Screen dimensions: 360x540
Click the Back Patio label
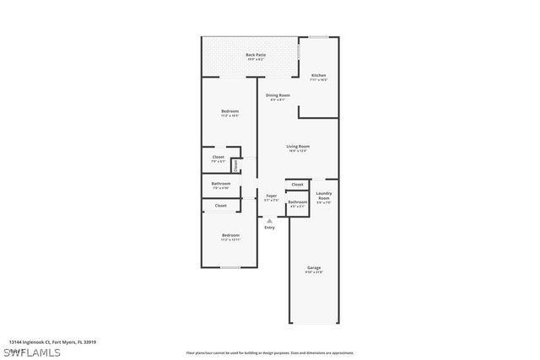click(256, 56)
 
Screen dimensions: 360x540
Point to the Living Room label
click(298, 148)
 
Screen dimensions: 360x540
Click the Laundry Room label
click(323, 197)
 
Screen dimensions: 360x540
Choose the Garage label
click(314, 270)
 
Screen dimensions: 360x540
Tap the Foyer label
click(271, 197)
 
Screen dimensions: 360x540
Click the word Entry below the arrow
click(269, 228)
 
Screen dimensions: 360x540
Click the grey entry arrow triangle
click(269, 220)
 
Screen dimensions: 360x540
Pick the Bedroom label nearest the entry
click(230, 237)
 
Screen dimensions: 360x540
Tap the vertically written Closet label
click(235, 164)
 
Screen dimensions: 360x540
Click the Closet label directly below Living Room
click(297, 185)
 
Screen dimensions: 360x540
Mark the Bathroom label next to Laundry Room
click(297, 203)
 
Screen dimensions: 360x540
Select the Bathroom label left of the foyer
click(221, 185)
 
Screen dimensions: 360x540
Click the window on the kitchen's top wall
click(318, 37)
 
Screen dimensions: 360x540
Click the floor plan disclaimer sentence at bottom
click(270, 352)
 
